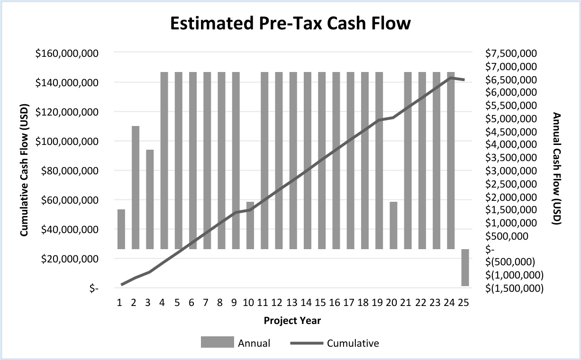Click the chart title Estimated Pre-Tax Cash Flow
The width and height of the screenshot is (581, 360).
coord(290,23)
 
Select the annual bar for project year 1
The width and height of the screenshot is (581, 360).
coord(121,229)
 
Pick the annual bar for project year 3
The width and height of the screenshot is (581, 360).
coord(150,199)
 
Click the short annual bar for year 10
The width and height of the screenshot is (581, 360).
coord(250,225)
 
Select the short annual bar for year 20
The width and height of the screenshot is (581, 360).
coord(393,225)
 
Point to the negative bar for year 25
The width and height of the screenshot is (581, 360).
coord(465,267)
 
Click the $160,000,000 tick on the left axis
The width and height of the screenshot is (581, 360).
coord(67,53)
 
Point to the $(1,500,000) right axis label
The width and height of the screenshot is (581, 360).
coord(514,288)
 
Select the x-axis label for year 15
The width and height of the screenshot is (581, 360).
coord(321,303)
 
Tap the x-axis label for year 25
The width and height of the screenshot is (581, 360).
coord(464,303)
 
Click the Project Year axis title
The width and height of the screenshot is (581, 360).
coord(292,321)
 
